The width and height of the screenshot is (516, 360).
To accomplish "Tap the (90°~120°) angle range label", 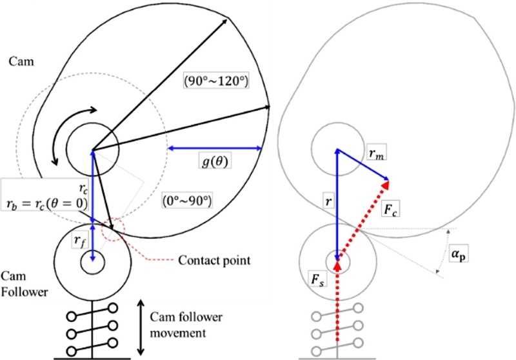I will (216, 81).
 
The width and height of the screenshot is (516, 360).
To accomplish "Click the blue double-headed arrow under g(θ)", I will (214, 148).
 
